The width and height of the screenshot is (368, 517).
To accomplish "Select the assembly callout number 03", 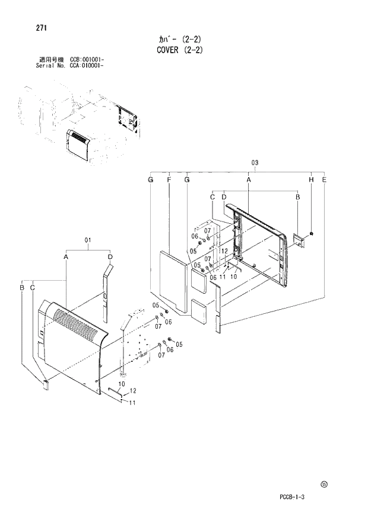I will [x=255, y=162].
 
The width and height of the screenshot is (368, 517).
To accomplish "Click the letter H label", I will [x=311, y=179].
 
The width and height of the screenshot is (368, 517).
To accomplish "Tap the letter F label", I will [x=169, y=179].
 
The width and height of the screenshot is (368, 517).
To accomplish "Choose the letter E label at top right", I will [x=324, y=179].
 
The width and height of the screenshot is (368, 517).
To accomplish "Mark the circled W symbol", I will [x=324, y=484].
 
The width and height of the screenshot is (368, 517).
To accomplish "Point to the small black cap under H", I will [x=313, y=234].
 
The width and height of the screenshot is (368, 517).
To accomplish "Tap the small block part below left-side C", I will [x=45, y=384].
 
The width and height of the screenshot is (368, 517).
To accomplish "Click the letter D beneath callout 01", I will [x=110, y=256].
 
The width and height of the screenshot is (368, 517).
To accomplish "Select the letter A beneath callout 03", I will [x=249, y=179].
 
